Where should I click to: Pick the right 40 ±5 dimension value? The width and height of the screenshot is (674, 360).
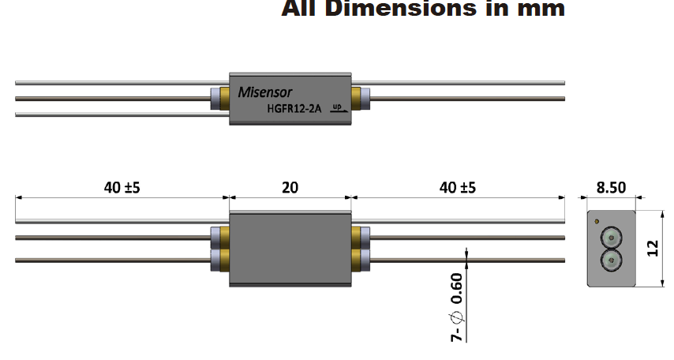[x=458, y=187]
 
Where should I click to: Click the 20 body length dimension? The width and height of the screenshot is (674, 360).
[x=290, y=187]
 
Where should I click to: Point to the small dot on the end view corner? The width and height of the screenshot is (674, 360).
[x=597, y=221]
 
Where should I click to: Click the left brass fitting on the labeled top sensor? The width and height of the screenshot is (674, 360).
[x=224, y=99]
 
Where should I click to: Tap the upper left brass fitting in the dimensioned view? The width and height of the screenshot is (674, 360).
[x=224, y=236]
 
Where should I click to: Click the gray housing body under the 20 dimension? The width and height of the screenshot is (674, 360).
[x=290, y=249]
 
